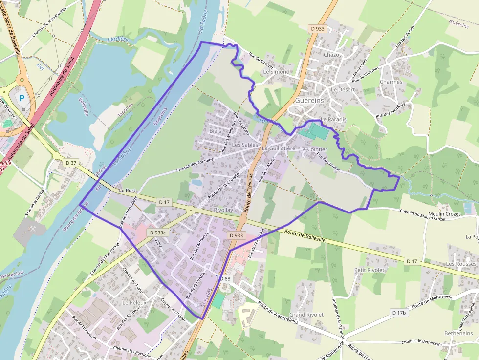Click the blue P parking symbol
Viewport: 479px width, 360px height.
[x=22, y=98]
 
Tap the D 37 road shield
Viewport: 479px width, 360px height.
[x=71, y=163]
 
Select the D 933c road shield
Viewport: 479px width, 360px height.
[x=158, y=233]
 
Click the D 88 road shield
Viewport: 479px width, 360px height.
[x=225, y=279]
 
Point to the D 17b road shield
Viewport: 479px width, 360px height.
[x=399, y=312]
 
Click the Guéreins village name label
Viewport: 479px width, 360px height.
[x=309, y=100]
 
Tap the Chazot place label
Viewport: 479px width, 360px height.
[x=332, y=55]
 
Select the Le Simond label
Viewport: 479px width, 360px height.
[x=276, y=72]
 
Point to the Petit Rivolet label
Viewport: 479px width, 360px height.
[x=369, y=270]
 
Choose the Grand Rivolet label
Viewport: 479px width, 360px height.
[x=306, y=315]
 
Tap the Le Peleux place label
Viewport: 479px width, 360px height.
[x=134, y=303]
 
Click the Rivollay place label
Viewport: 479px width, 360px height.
[x=223, y=210]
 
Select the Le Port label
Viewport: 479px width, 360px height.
[x=127, y=191]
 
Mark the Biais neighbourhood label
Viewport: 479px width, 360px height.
[x=215, y=131]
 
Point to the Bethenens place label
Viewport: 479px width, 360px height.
[x=458, y=333]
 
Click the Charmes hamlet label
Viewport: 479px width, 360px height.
[x=391, y=82]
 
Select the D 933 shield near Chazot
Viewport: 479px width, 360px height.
[x=317, y=29]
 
